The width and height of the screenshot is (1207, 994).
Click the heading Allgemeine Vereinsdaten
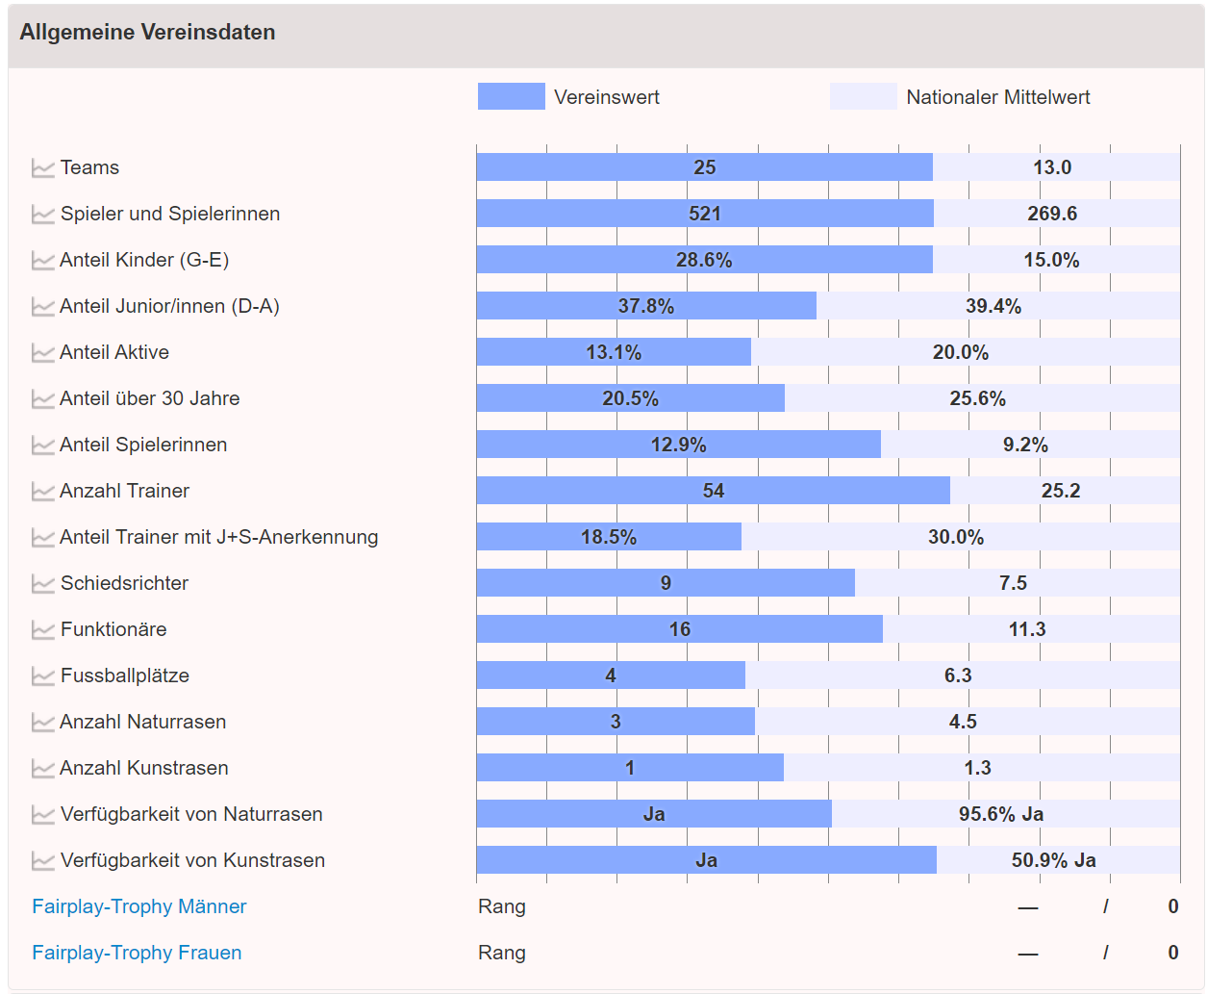147,33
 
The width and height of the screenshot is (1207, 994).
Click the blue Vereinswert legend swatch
511,96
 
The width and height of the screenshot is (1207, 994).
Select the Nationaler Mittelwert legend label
997,97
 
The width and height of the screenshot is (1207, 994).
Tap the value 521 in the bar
705,214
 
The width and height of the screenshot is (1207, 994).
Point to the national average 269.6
1052,214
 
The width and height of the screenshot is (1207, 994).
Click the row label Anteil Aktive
114,352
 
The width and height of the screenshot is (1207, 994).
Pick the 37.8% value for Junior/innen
646,306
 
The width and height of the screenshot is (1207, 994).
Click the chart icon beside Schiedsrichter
42,584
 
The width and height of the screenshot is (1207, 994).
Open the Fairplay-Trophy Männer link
139,906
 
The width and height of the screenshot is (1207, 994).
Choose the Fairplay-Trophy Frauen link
137,953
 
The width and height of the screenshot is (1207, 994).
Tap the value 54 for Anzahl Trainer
714,491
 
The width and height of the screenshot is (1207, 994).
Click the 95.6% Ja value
1001,814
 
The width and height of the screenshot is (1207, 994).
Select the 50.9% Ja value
1054,860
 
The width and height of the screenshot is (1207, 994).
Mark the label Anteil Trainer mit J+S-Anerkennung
219,537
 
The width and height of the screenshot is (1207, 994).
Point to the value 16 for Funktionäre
680,629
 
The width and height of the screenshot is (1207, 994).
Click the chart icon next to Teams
42,168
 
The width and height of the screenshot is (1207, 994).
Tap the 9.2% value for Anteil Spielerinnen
1025,445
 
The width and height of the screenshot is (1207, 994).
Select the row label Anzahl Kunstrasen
144,768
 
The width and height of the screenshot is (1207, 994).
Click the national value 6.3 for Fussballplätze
958,675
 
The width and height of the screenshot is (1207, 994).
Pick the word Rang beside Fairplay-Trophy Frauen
502,953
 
